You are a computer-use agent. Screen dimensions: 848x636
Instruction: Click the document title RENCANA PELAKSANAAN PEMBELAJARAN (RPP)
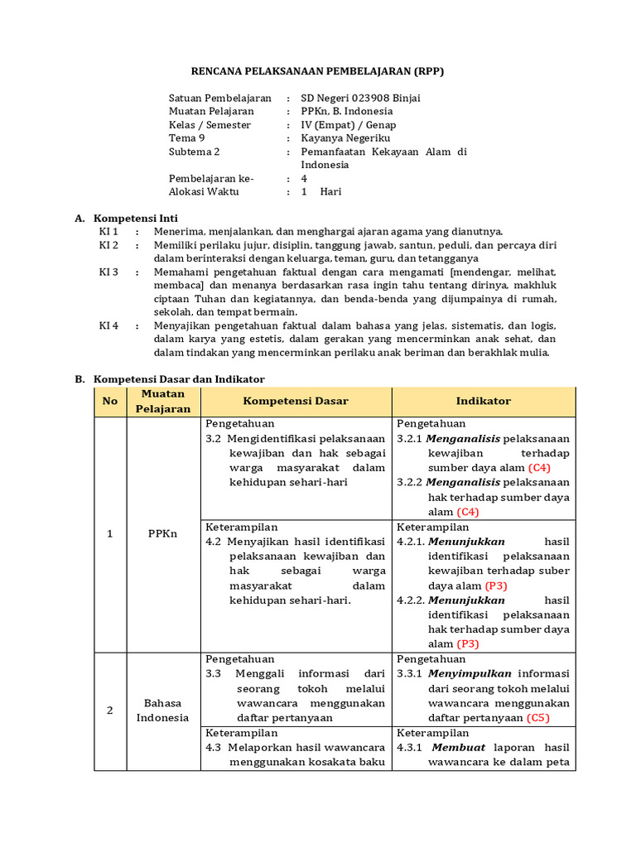(318, 71)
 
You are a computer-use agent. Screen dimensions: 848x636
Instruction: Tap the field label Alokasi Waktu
(204, 191)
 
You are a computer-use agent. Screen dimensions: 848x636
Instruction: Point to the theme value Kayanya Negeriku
(345, 138)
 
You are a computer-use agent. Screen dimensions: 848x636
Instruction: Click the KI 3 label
(108, 272)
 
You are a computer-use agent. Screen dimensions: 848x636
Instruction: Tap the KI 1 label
(108, 232)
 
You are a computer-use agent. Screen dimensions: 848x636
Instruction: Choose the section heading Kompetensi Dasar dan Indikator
(179, 378)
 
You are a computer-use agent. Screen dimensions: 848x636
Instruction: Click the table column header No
(110, 401)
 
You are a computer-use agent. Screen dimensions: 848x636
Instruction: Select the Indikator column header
(484, 401)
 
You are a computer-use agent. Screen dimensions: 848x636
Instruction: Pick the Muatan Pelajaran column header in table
(163, 401)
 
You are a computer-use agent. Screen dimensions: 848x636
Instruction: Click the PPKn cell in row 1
(163, 534)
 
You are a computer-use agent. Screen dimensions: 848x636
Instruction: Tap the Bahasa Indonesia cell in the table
(163, 711)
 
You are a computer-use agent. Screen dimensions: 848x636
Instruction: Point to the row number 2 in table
(110, 711)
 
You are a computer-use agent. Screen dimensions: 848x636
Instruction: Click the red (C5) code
(538, 718)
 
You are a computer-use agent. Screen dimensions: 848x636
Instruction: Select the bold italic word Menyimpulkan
(470, 673)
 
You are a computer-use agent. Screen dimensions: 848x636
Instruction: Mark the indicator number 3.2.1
(410, 439)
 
